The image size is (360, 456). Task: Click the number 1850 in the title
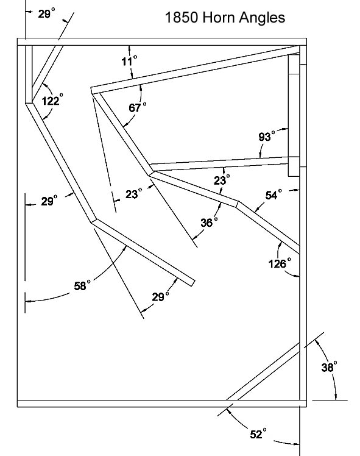(x=182, y=18)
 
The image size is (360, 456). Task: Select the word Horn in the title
(x=219, y=18)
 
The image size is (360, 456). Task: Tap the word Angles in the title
(x=262, y=18)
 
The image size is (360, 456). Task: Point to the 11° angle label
(x=129, y=60)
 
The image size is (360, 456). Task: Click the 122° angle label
(x=52, y=100)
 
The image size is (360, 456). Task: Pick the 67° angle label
(x=138, y=107)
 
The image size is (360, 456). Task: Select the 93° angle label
(x=266, y=136)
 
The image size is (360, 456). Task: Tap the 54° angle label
(x=274, y=194)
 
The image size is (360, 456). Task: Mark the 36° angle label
(x=209, y=222)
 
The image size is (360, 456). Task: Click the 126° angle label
(x=280, y=263)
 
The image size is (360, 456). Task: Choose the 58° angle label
(x=82, y=285)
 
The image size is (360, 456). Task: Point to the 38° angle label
(x=329, y=367)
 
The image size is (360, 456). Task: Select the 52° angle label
(x=258, y=433)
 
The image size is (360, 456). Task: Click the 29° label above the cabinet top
(x=46, y=13)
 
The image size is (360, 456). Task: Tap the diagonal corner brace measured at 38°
(x=263, y=371)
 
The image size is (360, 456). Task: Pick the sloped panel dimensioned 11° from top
(x=196, y=69)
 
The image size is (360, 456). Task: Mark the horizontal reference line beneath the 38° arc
(x=330, y=400)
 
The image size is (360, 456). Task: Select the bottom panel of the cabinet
(x=162, y=404)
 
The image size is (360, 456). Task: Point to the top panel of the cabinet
(x=162, y=42)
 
